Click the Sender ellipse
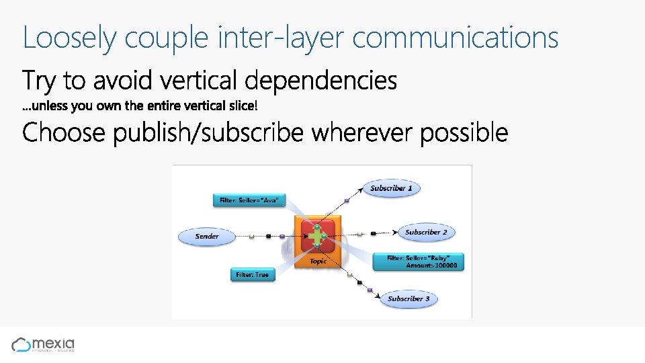click(207, 237)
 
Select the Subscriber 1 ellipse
click(391, 188)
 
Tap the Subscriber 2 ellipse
click(426, 233)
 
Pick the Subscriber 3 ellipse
click(408, 298)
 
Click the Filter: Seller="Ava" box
click(249, 200)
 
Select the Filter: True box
click(253, 274)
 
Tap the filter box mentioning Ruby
click(418, 261)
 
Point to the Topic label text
click(318, 261)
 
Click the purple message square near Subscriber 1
click(347, 200)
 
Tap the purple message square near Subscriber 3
click(370, 290)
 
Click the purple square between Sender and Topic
click(282, 237)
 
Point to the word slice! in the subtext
click(245, 106)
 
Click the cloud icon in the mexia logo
click(21, 345)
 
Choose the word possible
click(464, 132)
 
